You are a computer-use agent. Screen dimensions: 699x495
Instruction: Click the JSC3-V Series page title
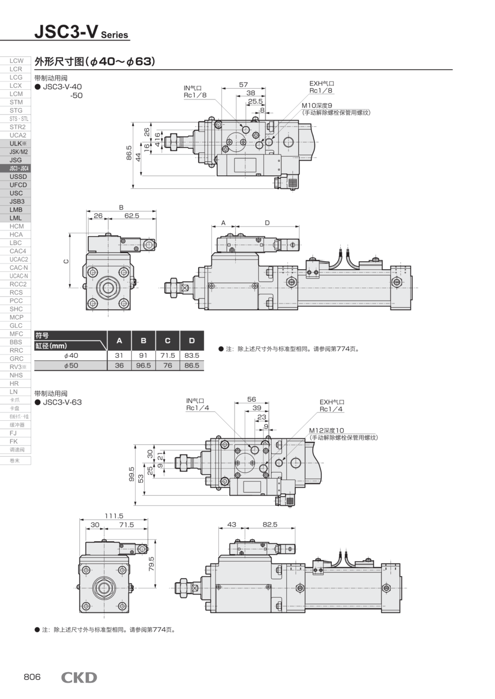(x=81, y=33)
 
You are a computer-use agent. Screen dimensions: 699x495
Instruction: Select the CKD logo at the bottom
(x=79, y=678)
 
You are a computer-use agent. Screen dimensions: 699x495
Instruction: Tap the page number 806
(x=32, y=677)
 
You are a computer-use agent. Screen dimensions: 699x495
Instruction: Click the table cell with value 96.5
(x=143, y=365)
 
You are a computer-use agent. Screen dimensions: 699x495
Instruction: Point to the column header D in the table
(x=192, y=341)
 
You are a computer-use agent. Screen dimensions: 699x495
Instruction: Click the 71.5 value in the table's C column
(x=168, y=356)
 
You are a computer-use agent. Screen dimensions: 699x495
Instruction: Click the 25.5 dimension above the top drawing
(x=255, y=101)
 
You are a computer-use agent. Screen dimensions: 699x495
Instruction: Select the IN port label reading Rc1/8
(x=195, y=95)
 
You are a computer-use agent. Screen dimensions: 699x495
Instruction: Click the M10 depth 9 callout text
(x=317, y=105)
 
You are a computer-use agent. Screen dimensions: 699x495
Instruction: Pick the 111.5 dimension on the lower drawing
(x=114, y=516)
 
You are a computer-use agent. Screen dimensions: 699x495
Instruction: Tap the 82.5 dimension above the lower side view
(x=270, y=524)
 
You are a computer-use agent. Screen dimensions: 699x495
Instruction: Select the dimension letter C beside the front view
(x=66, y=261)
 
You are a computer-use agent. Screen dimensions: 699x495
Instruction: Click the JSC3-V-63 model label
(x=62, y=402)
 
